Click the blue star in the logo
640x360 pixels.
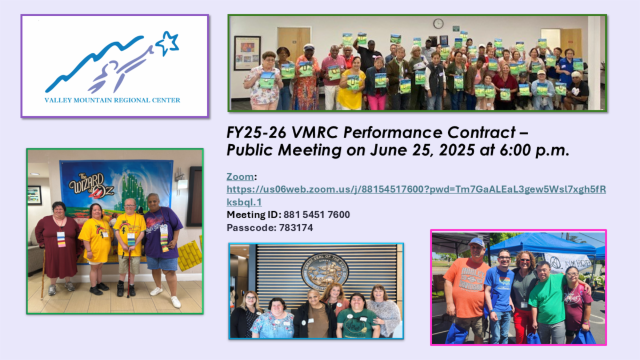click(x=167, y=43)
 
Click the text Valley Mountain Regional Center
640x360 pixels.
click(x=113, y=100)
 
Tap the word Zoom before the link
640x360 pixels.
click(x=240, y=177)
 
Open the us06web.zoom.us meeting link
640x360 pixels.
click(x=416, y=189)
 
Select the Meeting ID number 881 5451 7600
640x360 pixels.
click(x=320, y=215)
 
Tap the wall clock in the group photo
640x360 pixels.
click(x=438, y=23)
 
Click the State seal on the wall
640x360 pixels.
click(x=324, y=271)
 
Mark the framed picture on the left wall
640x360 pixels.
click(x=247, y=53)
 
